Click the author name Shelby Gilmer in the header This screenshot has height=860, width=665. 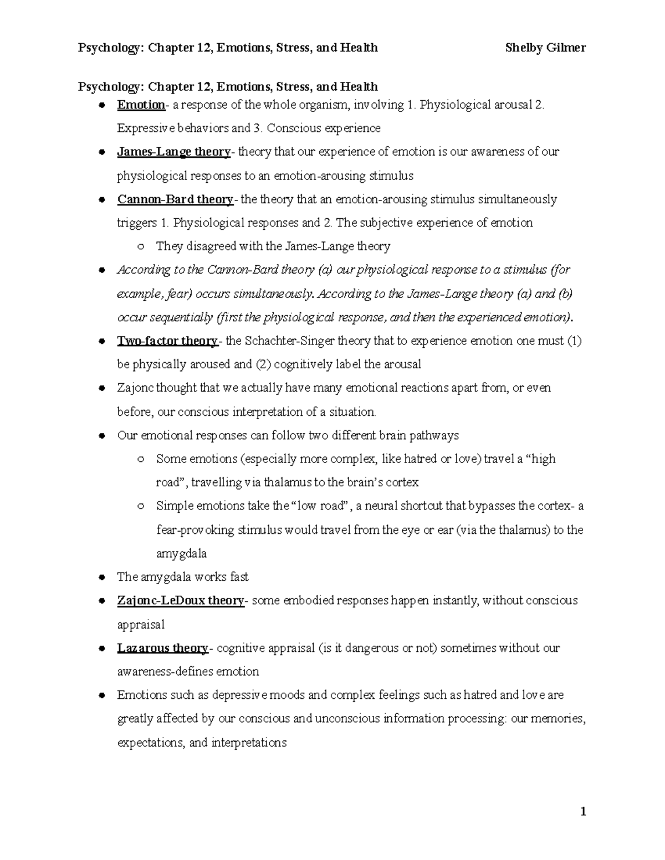[x=545, y=48]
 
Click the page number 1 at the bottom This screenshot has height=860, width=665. [x=582, y=812]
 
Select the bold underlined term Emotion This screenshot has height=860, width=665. [x=141, y=105]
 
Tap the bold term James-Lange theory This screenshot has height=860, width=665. [x=173, y=152]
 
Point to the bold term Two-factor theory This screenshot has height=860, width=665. [x=167, y=341]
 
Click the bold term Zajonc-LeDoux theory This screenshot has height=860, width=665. [x=181, y=600]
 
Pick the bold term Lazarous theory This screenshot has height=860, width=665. [x=162, y=648]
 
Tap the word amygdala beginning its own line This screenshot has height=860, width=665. [x=181, y=554]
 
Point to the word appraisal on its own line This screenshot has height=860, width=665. [x=141, y=625]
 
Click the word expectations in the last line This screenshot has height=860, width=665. [x=150, y=743]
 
